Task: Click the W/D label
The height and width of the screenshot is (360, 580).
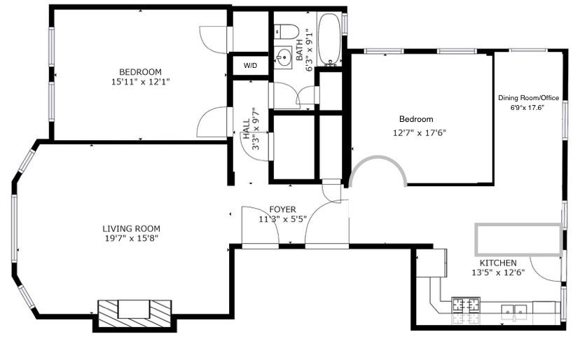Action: click(250, 66)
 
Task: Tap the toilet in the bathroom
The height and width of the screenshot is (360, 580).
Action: click(286, 32)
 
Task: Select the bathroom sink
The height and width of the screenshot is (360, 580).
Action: click(284, 58)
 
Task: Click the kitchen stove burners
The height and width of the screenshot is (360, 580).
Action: click(466, 305)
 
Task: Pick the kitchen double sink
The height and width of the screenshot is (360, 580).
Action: click(515, 310)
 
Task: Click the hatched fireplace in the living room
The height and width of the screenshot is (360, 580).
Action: click(134, 314)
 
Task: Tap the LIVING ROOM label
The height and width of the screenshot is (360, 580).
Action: click(131, 228)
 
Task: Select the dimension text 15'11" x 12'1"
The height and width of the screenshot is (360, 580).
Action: click(140, 82)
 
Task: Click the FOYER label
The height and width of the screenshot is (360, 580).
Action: click(282, 209)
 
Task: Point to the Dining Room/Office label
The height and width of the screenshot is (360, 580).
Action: click(528, 98)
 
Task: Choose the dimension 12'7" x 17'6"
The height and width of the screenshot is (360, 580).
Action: click(419, 133)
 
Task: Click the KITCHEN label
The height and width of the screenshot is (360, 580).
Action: click(498, 263)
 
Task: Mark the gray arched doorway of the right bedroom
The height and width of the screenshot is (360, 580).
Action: click(379, 158)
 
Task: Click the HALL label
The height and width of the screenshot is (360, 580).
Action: click(247, 129)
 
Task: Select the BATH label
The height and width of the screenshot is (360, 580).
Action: click(300, 50)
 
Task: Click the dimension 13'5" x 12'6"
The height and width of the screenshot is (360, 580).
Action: click(498, 273)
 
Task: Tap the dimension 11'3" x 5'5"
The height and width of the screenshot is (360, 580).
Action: click(282, 219)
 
